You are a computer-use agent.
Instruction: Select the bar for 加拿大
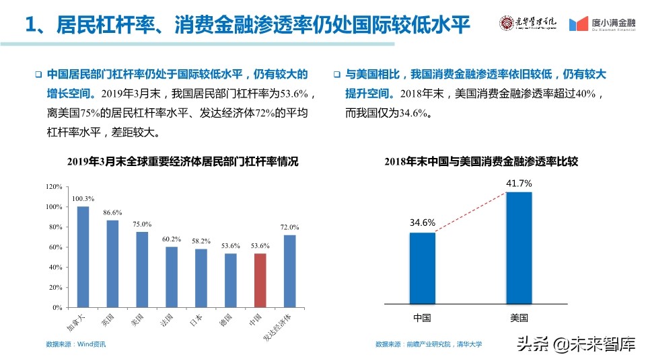tap(83, 257)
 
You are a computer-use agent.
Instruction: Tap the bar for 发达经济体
tap(290, 271)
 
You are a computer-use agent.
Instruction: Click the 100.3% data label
tap(83, 199)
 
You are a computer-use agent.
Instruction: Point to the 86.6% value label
tap(112, 212)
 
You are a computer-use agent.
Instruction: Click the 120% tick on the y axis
tap(54, 187)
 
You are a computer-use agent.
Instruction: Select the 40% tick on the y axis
tap(56, 267)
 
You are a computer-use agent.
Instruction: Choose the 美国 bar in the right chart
tap(519, 248)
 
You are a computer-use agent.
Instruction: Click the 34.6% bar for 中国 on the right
tap(423, 268)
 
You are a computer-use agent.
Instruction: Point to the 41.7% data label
tap(519, 183)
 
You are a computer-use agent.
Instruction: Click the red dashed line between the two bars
tap(471, 211)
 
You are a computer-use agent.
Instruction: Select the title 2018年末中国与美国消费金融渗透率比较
tap(481, 161)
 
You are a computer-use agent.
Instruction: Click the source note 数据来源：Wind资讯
tap(76, 345)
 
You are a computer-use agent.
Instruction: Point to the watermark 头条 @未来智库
tap(575, 346)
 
